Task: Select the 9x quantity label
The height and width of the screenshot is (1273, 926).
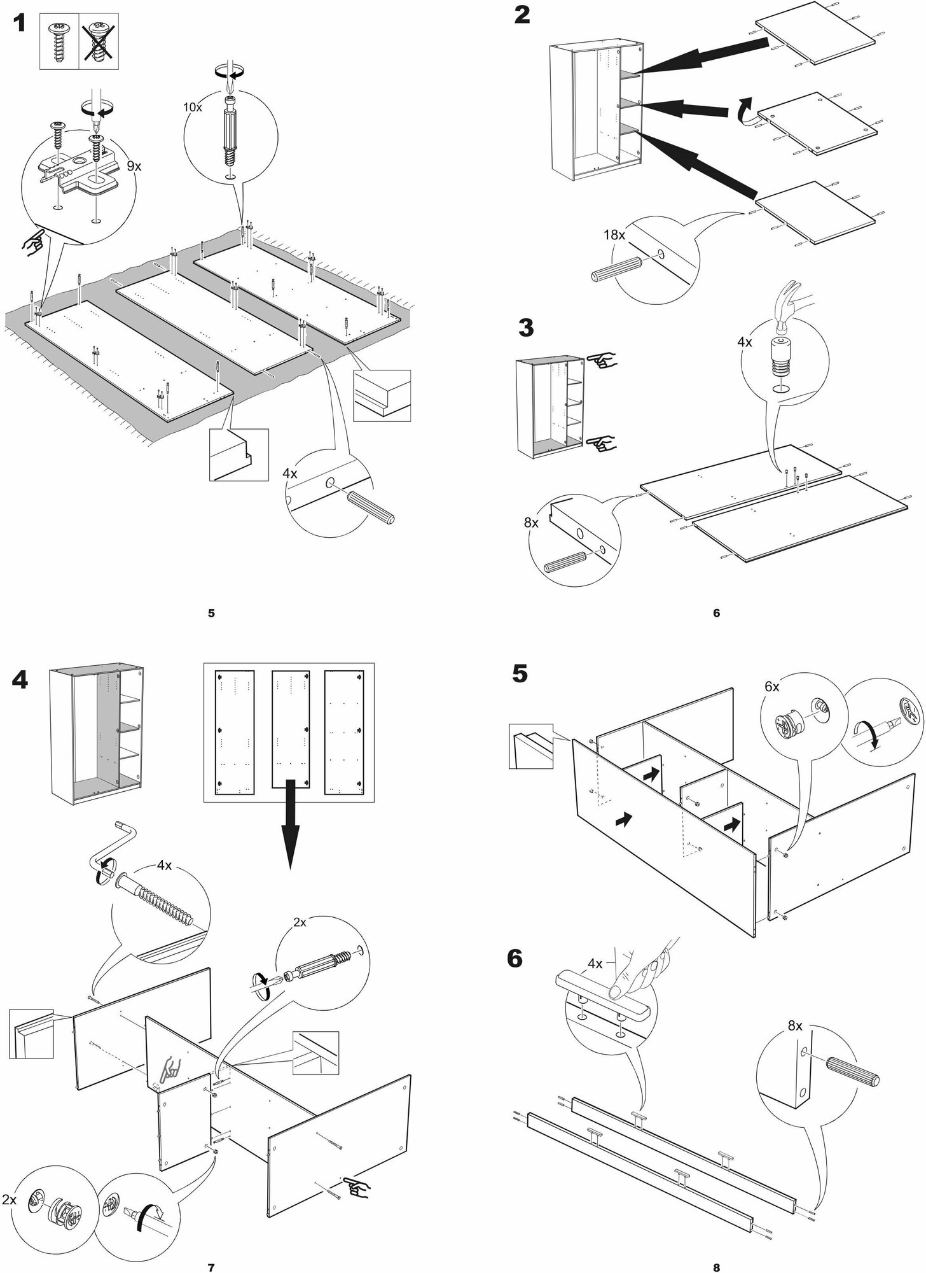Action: point(134,167)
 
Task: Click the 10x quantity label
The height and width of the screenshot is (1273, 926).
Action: point(192,107)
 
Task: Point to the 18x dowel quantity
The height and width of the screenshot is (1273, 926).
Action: point(614,235)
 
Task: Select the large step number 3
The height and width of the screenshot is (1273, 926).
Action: point(525,328)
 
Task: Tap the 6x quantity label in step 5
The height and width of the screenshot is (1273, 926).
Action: point(773,687)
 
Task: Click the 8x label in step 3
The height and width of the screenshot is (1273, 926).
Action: point(531,523)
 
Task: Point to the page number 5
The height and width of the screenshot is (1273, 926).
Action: point(211,613)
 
